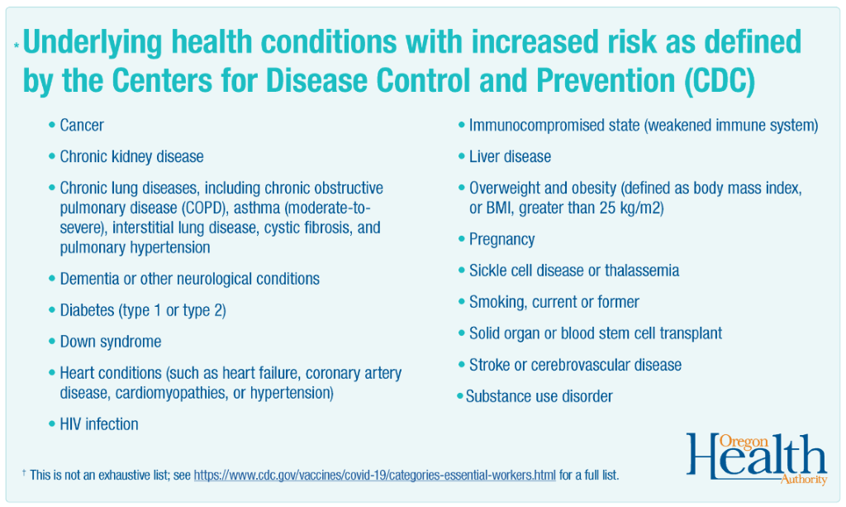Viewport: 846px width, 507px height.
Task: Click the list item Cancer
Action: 82,126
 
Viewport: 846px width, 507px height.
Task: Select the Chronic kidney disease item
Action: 131,156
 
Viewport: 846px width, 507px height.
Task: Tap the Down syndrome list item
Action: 111,342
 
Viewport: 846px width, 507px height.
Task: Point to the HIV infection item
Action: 99,424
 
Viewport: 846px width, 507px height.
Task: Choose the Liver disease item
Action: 510,156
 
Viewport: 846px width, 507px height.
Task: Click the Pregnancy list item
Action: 501,239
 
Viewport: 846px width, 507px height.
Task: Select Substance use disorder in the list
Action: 539,396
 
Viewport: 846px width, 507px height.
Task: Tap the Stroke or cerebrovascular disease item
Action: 575,365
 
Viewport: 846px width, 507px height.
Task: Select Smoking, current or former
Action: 554,302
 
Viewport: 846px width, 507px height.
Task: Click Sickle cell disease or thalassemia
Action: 574,270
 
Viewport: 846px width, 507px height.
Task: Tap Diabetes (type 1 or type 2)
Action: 143,310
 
